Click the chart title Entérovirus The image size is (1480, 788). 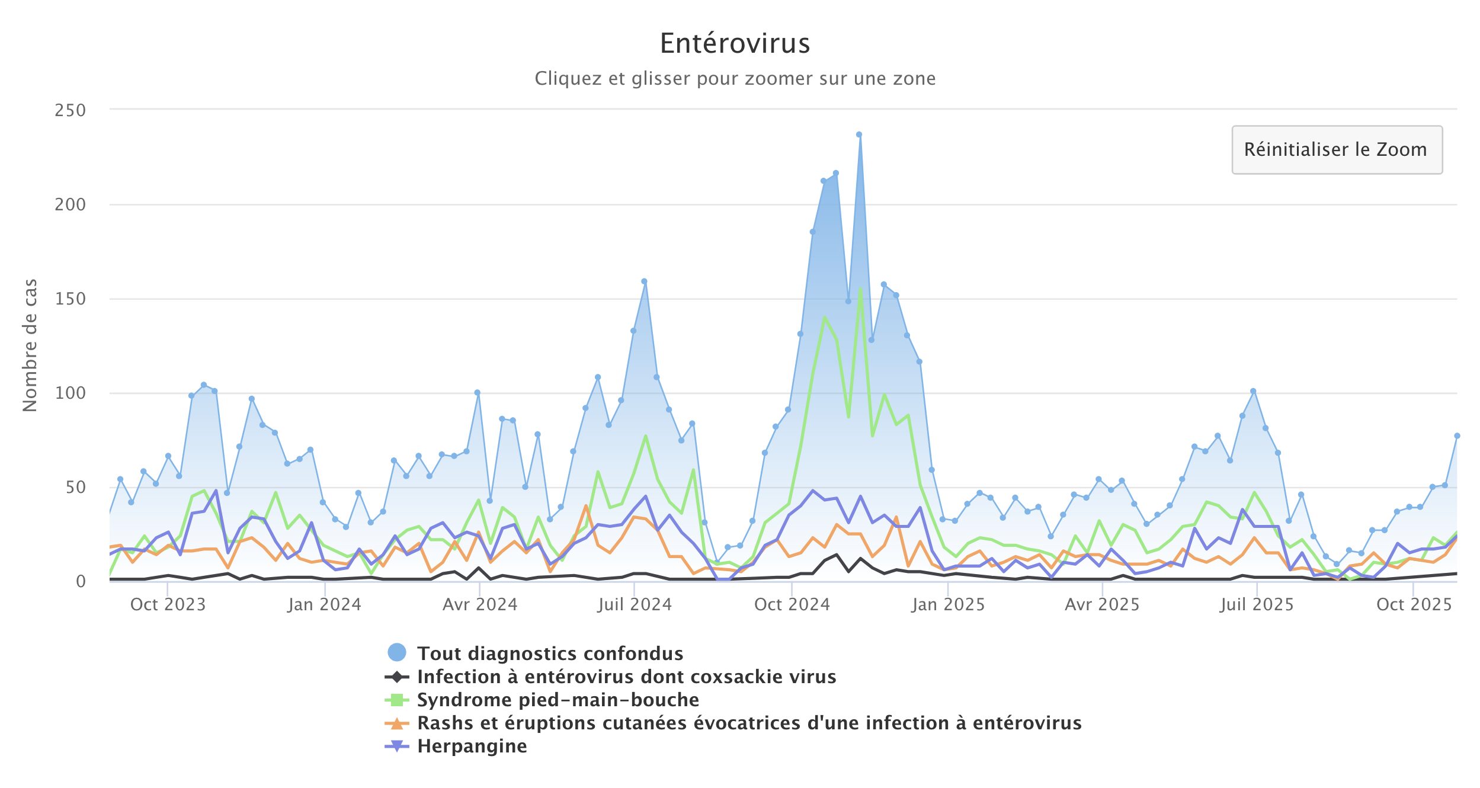click(x=735, y=43)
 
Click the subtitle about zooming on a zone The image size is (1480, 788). click(x=735, y=79)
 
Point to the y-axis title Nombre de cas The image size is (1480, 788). click(x=30, y=345)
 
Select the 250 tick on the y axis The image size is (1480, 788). click(x=71, y=110)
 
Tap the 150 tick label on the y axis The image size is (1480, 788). click(x=71, y=299)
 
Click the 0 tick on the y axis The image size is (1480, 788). click(x=81, y=581)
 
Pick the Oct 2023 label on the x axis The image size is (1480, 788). click(x=168, y=604)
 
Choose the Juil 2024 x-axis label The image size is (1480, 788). click(x=635, y=604)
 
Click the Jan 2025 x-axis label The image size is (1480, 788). click(x=948, y=604)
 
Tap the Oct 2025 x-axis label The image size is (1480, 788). click(x=1414, y=604)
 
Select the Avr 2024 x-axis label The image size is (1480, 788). click(x=480, y=604)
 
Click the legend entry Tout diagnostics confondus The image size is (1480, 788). click(x=550, y=653)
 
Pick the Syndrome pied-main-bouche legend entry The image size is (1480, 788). click(x=558, y=700)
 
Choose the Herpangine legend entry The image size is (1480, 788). click(x=472, y=746)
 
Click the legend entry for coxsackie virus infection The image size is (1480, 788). click(x=626, y=677)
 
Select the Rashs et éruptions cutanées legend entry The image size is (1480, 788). click(x=749, y=723)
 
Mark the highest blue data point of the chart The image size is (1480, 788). click(x=859, y=134)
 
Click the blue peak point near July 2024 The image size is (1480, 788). click(x=644, y=281)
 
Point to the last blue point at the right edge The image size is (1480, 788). click(x=1457, y=435)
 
